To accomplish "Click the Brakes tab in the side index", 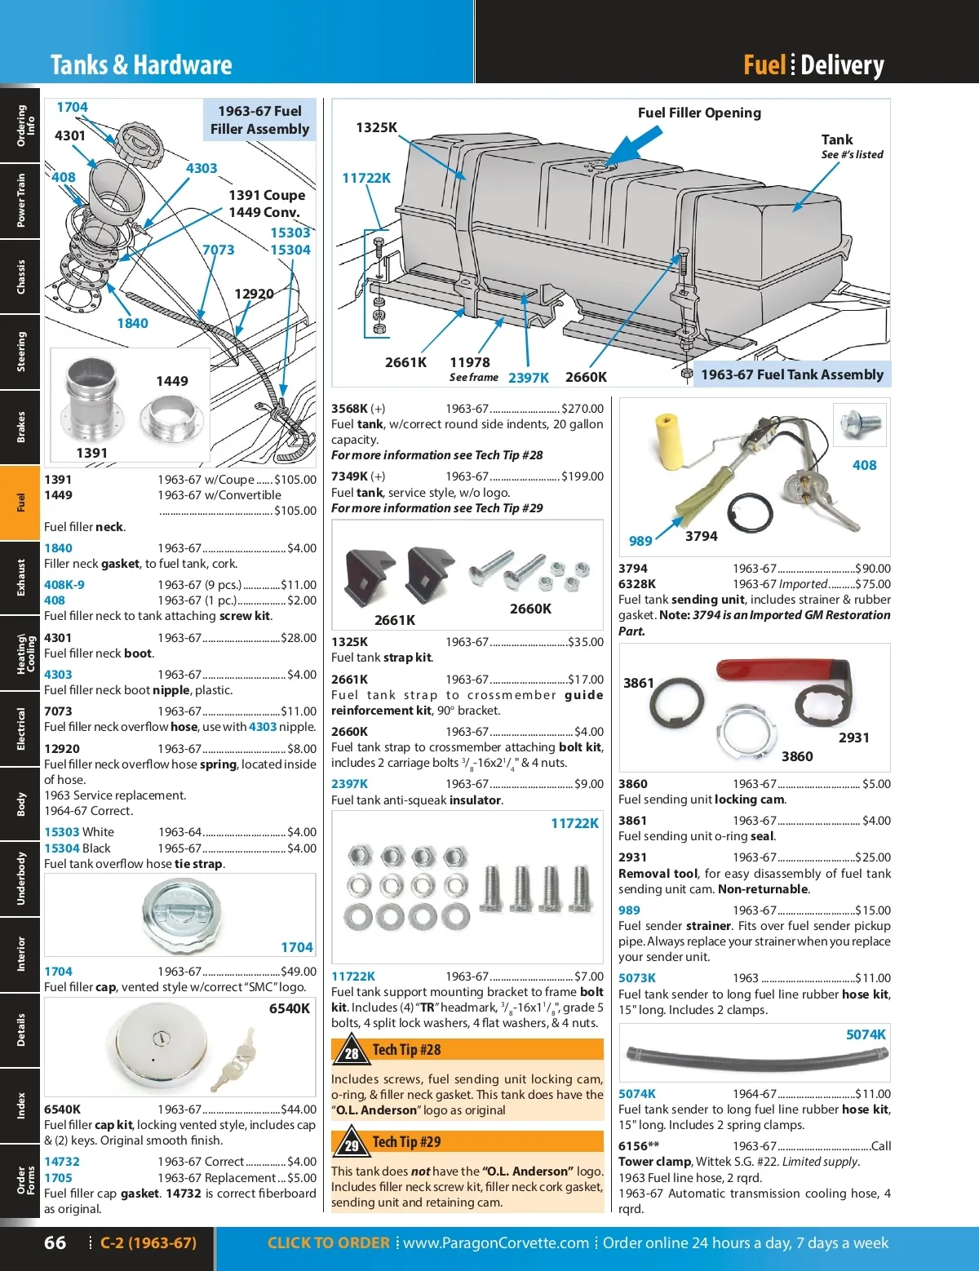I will tap(20, 427).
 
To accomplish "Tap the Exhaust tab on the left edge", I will tap(20, 578).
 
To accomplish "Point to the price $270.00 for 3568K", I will tap(583, 409).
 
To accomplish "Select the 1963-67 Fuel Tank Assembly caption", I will tap(791, 374).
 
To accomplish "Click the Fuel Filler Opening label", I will tap(699, 113).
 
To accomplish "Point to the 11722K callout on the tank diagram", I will tap(366, 178).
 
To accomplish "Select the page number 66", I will tap(55, 1242).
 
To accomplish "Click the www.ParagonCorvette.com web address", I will tap(495, 1242).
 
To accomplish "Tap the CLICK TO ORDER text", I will tap(328, 1242).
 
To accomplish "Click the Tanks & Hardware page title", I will tap(141, 65).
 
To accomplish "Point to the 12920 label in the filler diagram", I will tap(254, 294).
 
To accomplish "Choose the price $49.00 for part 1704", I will tap(299, 972).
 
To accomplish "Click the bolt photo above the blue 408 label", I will tap(861, 423).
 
